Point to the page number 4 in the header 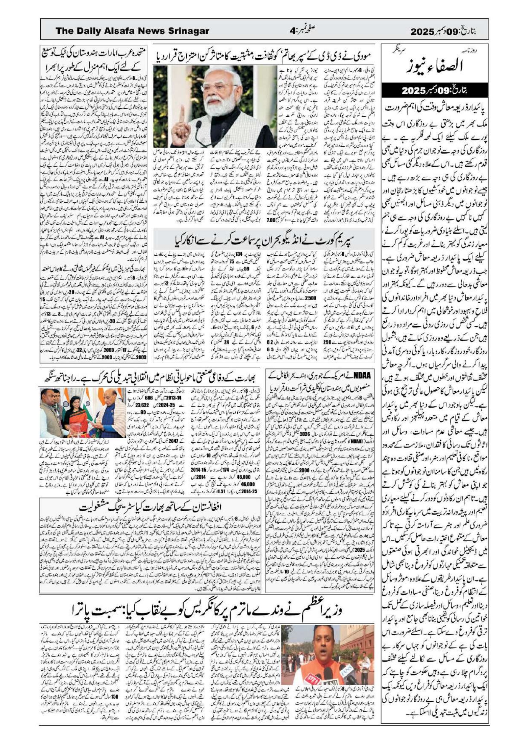point(293,32)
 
